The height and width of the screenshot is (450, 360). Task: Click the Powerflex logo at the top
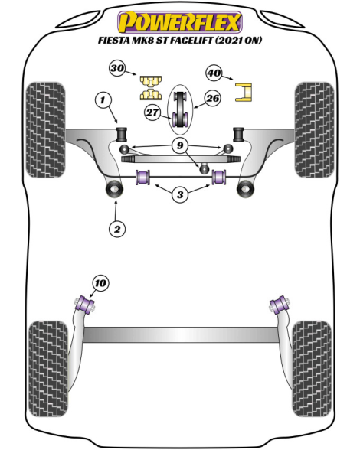point(180,22)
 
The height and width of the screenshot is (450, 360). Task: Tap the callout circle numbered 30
point(117,68)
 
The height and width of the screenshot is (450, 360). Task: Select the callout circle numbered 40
point(214,73)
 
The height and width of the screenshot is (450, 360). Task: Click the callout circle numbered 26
point(213,99)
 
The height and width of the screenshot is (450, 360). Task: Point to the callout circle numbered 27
point(152,112)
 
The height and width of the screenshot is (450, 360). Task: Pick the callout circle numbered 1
point(103,100)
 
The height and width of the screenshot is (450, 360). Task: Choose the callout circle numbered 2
point(117,229)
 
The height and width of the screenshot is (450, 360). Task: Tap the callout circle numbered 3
point(180,195)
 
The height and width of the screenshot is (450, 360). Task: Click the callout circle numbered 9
point(180,145)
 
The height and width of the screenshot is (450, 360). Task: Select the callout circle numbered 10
point(100,283)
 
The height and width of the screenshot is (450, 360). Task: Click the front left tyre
point(45,130)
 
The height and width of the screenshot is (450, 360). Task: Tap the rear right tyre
point(312,369)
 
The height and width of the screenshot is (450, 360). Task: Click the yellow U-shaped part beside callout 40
point(244,92)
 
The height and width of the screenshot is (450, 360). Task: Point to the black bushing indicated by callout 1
point(122,134)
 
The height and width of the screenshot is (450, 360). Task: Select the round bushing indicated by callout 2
point(114,189)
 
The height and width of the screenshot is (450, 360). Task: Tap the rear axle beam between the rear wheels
point(181,334)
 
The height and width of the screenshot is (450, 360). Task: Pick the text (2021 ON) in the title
point(238,40)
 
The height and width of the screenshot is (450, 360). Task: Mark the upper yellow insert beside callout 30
point(151,81)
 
